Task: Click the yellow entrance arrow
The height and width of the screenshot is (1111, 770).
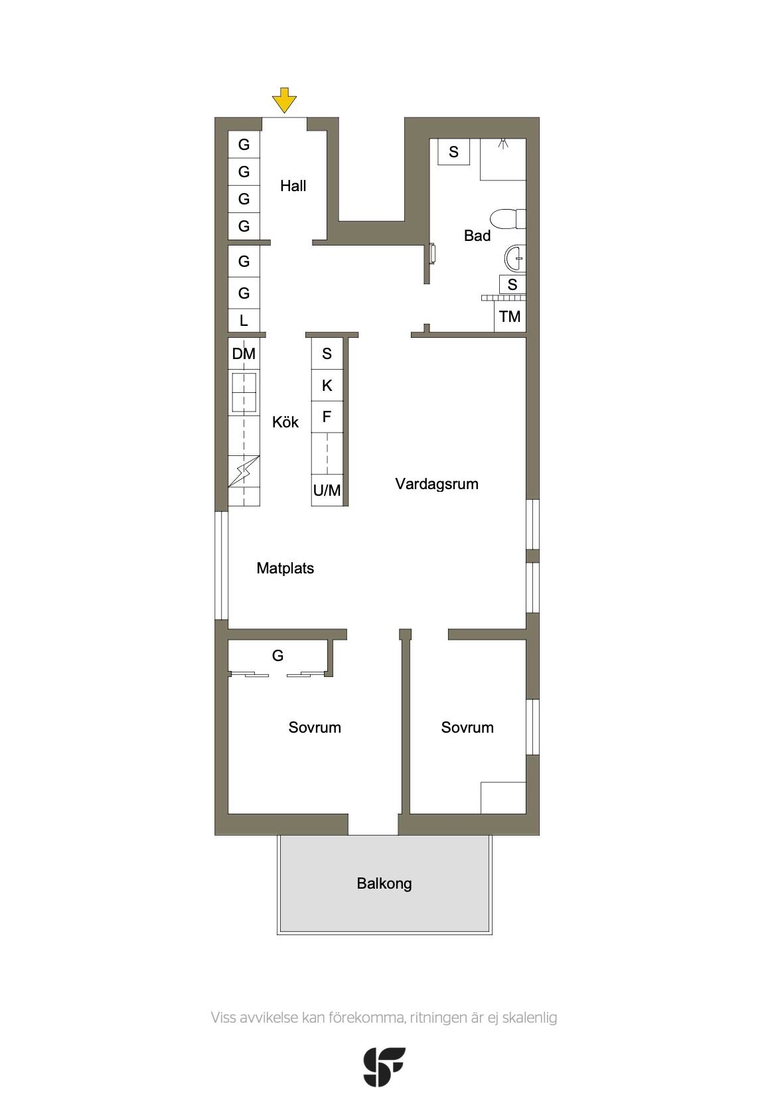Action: pyautogui.click(x=284, y=100)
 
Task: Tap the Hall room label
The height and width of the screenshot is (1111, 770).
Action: pyautogui.click(x=293, y=186)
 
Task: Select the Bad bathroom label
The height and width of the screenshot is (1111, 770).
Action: pyautogui.click(x=477, y=236)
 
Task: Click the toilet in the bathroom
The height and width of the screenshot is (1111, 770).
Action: pyautogui.click(x=508, y=219)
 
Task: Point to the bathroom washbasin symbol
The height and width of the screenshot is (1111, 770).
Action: pyautogui.click(x=515, y=258)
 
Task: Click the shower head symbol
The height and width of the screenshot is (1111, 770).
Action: pyautogui.click(x=504, y=144)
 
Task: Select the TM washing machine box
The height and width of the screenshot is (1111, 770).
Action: pyautogui.click(x=510, y=317)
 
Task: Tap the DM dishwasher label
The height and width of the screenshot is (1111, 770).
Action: pyautogui.click(x=244, y=354)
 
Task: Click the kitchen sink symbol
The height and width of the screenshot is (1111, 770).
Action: pyautogui.click(x=244, y=392)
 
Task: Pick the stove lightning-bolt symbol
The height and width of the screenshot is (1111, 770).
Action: pyautogui.click(x=244, y=471)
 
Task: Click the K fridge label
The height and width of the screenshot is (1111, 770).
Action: pyautogui.click(x=327, y=386)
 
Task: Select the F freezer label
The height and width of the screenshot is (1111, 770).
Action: pyautogui.click(x=327, y=417)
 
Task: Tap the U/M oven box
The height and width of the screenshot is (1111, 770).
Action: pyautogui.click(x=327, y=490)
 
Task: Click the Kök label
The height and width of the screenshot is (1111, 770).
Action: pyautogui.click(x=285, y=422)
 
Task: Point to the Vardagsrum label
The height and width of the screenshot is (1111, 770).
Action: pyautogui.click(x=437, y=484)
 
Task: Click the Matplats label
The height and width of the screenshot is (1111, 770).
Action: pyautogui.click(x=285, y=568)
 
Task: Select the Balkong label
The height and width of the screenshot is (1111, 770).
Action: pyautogui.click(x=384, y=884)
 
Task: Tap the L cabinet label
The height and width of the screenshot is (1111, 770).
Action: pyautogui.click(x=244, y=321)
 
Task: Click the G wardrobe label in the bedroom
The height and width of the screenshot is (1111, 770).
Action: pyautogui.click(x=278, y=656)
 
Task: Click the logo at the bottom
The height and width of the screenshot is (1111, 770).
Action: pyautogui.click(x=384, y=1067)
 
